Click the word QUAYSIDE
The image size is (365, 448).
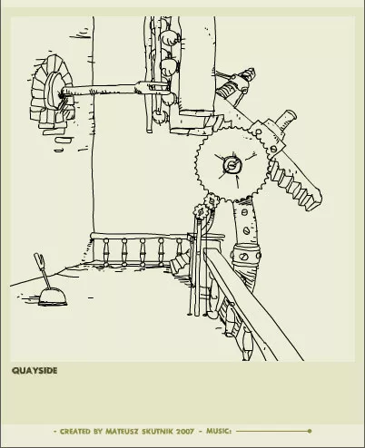35,371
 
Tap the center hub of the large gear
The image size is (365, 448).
232,165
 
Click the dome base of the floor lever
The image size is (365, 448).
53,297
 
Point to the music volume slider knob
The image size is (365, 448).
309,431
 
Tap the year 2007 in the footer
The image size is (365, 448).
185,432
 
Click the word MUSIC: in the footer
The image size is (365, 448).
219,431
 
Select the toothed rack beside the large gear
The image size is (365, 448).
295,185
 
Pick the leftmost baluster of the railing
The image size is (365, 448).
106,252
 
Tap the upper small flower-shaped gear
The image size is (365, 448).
212,201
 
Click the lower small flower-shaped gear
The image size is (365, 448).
201,211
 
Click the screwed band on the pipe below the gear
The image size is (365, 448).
245,255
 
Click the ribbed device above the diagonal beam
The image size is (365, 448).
236,86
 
